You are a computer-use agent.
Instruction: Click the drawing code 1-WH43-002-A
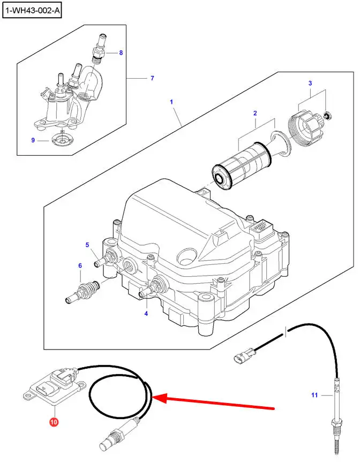(x=32, y=10)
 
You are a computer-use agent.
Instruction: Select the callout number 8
(x=121, y=53)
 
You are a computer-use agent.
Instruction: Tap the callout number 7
(x=152, y=78)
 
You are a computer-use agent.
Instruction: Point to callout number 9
(x=33, y=141)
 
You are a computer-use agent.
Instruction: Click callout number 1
(x=171, y=101)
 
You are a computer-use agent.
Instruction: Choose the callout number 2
(x=255, y=113)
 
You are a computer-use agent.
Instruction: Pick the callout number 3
(x=310, y=83)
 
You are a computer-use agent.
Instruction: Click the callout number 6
(x=80, y=265)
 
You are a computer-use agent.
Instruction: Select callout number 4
(x=146, y=314)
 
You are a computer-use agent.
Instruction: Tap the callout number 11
(x=315, y=396)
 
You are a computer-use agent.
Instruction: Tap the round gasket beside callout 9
(x=64, y=141)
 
